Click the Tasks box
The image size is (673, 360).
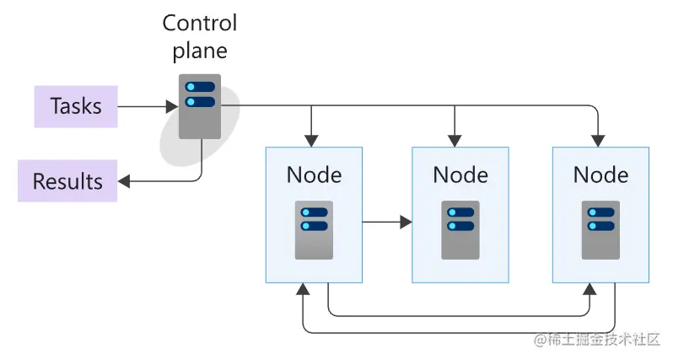pos(75,106)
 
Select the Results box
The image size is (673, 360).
pos(67,181)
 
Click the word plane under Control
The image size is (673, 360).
pos(200,51)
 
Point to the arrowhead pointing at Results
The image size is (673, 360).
pos(123,181)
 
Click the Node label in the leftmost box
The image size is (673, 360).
pos(314,175)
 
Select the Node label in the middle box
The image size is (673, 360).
pos(460,175)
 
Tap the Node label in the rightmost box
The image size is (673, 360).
pos(600,175)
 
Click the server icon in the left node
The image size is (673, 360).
pos(314,229)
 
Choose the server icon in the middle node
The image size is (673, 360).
pos(460,229)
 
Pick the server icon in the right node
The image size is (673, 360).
pos(600,229)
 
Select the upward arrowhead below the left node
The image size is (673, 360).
pos(301,290)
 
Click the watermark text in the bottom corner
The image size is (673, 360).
pos(595,339)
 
